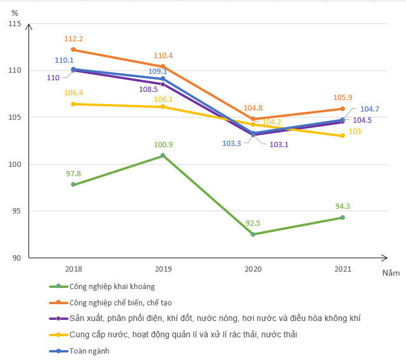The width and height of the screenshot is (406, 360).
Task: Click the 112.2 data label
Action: click(x=73, y=39)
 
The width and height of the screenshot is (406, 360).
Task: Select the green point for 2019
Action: click(x=163, y=155)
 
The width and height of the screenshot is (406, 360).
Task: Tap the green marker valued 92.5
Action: click(x=253, y=234)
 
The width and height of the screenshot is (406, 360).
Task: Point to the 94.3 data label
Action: click(x=343, y=205)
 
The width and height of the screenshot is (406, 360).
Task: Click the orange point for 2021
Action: click(x=343, y=109)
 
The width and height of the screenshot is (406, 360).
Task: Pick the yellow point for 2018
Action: click(x=73, y=104)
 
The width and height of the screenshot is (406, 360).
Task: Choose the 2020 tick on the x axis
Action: click(x=253, y=269)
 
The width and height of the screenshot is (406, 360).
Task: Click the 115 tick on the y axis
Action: click(x=14, y=23)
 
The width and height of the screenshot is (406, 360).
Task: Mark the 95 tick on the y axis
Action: click(x=16, y=211)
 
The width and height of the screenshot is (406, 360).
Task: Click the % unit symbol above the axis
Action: click(x=15, y=12)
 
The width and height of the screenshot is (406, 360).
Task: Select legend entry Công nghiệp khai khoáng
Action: click(x=112, y=286)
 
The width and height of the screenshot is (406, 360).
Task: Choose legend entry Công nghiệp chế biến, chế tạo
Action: click(x=120, y=302)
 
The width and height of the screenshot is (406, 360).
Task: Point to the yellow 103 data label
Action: click(x=355, y=131)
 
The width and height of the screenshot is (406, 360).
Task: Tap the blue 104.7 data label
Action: click(x=370, y=109)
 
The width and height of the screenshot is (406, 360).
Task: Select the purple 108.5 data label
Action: click(x=148, y=90)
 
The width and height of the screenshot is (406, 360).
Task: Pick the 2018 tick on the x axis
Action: click(x=73, y=269)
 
